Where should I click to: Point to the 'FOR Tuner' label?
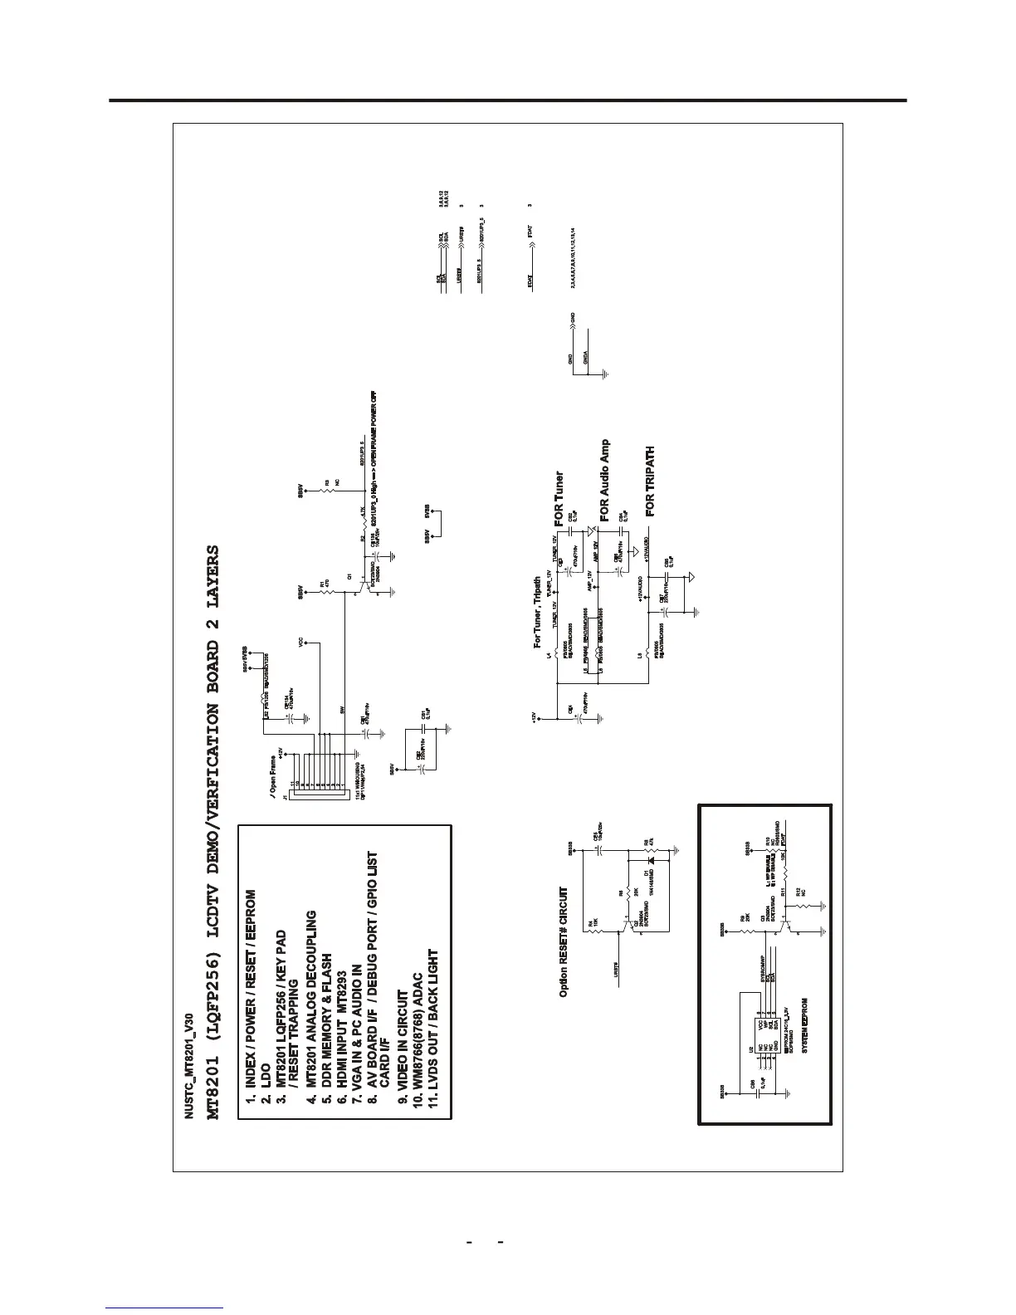point(559,499)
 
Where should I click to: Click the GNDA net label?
point(587,358)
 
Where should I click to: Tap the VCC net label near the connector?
point(302,642)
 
